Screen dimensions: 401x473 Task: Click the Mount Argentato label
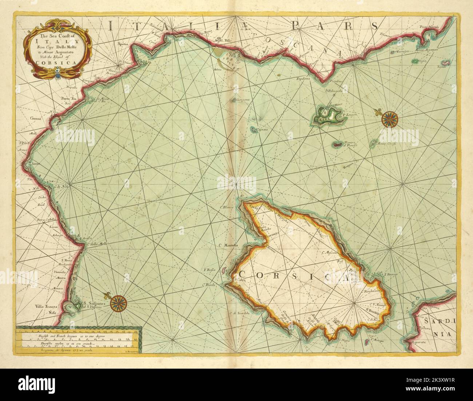click(x=432, y=49)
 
